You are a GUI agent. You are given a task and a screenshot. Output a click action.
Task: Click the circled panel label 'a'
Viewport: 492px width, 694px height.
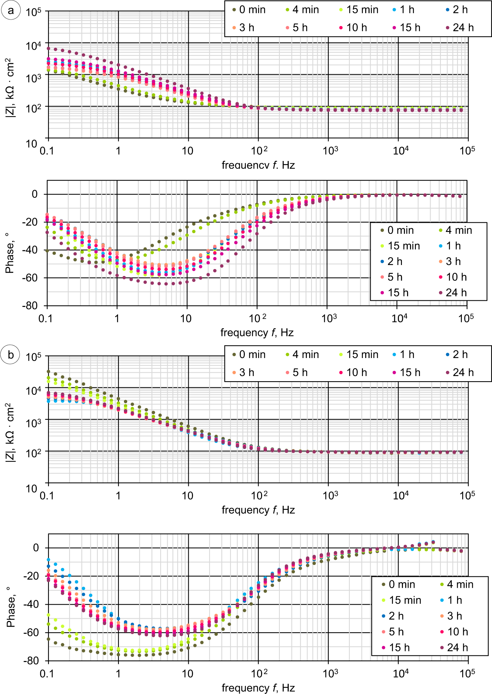11,10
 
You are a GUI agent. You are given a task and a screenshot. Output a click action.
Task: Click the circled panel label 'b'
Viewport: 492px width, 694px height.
11,355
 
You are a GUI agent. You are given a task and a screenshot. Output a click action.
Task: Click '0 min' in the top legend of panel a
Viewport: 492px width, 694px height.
252,10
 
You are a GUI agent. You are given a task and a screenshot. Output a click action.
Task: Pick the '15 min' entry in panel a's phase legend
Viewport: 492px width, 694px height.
403,246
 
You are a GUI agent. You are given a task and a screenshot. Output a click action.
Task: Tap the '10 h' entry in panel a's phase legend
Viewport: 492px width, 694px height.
456,277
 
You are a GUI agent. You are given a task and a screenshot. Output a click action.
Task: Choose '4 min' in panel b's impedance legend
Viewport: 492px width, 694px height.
305,354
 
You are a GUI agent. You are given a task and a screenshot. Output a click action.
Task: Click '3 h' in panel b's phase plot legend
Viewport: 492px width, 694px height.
454,616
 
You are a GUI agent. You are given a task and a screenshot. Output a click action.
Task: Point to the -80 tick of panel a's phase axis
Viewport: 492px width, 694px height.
30,306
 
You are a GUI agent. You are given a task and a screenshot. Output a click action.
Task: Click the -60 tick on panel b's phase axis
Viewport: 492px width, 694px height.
31,632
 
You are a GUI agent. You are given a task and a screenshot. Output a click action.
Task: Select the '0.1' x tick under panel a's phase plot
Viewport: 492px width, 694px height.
46,318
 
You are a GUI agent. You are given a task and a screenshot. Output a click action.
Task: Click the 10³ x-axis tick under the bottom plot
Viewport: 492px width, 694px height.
330,673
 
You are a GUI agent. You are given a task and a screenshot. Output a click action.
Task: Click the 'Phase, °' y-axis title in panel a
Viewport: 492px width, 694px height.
10,254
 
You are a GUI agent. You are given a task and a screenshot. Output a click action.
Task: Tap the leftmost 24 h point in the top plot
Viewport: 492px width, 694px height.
49,48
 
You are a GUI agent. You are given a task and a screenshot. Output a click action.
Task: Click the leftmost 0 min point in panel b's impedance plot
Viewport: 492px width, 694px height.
49,372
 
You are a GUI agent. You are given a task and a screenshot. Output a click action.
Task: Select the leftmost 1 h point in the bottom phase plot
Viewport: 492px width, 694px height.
49,559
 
